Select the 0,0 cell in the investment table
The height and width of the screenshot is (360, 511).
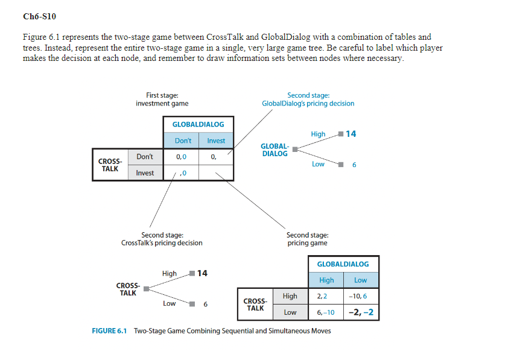[x=181, y=157]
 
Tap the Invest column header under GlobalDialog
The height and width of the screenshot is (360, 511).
[x=216, y=141]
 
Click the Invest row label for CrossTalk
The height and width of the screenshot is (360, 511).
[x=145, y=173]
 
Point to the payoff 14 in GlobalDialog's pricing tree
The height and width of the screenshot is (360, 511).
[x=351, y=133]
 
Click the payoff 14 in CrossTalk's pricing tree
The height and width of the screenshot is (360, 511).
[x=202, y=273]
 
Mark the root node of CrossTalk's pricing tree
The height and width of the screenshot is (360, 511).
[x=145, y=289]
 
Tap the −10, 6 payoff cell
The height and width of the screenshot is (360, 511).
[x=360, y=296]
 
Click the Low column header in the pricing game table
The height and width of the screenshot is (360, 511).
[x=360, y=280]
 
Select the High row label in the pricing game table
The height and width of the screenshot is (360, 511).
[x=290, y=296]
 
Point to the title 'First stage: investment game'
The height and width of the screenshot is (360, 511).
[x=162, y=99]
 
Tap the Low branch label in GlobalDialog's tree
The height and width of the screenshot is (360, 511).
[x=318, y=163]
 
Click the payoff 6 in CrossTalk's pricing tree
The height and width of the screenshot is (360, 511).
[x=205, y=305]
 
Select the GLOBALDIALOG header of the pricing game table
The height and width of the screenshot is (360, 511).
[x=343, y=264]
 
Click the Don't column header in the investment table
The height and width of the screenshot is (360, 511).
[x=183, y=141]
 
